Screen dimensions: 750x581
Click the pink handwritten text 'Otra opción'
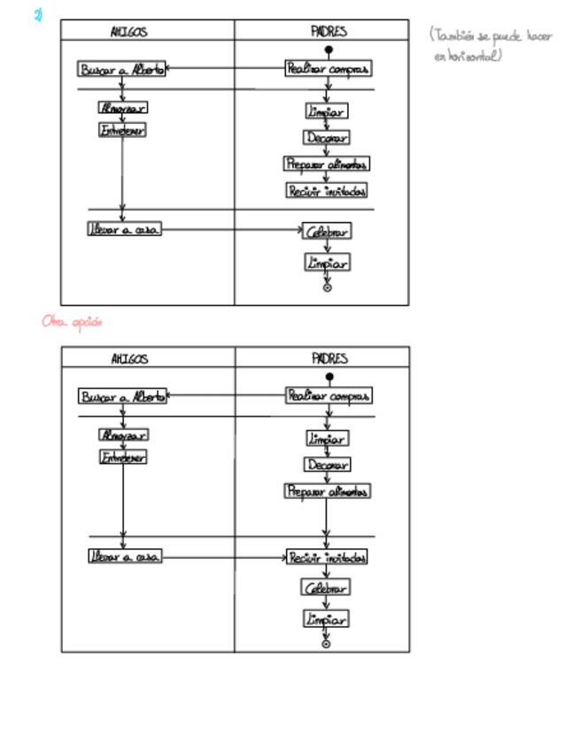click(x=72, y=322)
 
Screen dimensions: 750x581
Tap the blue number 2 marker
click(x=39, y=15)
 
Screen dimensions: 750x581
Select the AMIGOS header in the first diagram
click(x=128, y=32)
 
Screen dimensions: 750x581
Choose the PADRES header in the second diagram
click(x=329, y=358)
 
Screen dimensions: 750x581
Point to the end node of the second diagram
click(x=326, y=644)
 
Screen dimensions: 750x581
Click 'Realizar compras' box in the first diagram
click(x=327, y=68)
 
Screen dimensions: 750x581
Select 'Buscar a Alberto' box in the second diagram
click(x=122, y=396)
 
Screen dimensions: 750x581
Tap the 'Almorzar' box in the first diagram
click(x=122, y=108)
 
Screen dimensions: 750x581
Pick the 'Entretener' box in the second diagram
click(x=122, y=457)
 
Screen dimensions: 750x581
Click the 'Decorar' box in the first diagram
click(x=327, y=137)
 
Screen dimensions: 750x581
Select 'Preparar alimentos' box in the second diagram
click(x=327, y=491)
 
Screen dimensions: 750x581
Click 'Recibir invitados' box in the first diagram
click(x=327, y=190)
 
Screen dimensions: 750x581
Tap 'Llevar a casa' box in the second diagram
click(x=124, y=557)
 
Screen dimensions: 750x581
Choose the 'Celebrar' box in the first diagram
click(x=327, y=232)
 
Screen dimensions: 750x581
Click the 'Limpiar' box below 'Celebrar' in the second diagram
click(x=326, y=618)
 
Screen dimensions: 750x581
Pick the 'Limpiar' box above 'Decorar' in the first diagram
click(x=327, y=111)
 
